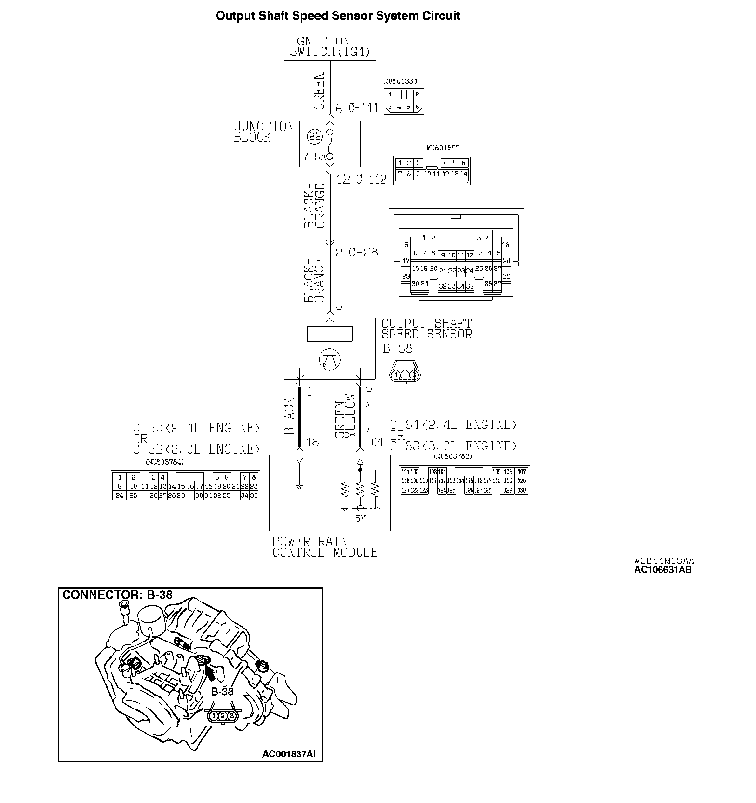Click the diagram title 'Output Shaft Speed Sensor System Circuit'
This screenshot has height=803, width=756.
click(337, 16)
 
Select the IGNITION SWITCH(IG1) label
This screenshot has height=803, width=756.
click(330, 47)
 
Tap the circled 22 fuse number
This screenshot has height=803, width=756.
click(315, 137)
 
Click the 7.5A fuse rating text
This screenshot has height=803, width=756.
click(314, 157)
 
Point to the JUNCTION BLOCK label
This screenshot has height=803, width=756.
click(264, 132)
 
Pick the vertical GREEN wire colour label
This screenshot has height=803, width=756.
click(319, 91)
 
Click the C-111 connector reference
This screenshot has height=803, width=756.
click(363, 108)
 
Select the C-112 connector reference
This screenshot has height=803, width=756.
click(371, 180)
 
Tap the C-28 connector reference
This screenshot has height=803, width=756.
click(363, 252)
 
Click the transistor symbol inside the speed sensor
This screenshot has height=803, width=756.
click(330, 359)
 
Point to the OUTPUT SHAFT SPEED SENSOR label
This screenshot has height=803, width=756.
click(427, 329)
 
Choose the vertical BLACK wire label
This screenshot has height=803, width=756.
click(289, 415)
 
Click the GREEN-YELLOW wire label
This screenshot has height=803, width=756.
click(345, 416)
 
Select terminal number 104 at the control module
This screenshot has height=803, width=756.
click(375, 442)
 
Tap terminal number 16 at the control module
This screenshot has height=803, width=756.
click(312, 442)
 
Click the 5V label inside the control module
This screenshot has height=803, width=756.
click(360, 519)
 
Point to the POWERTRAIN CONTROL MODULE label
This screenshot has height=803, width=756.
click(324, 547)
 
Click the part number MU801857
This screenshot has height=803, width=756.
click(443, 148)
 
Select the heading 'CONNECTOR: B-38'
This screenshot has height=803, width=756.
click(117, 595)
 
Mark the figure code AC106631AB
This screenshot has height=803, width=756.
click(662, 569)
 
